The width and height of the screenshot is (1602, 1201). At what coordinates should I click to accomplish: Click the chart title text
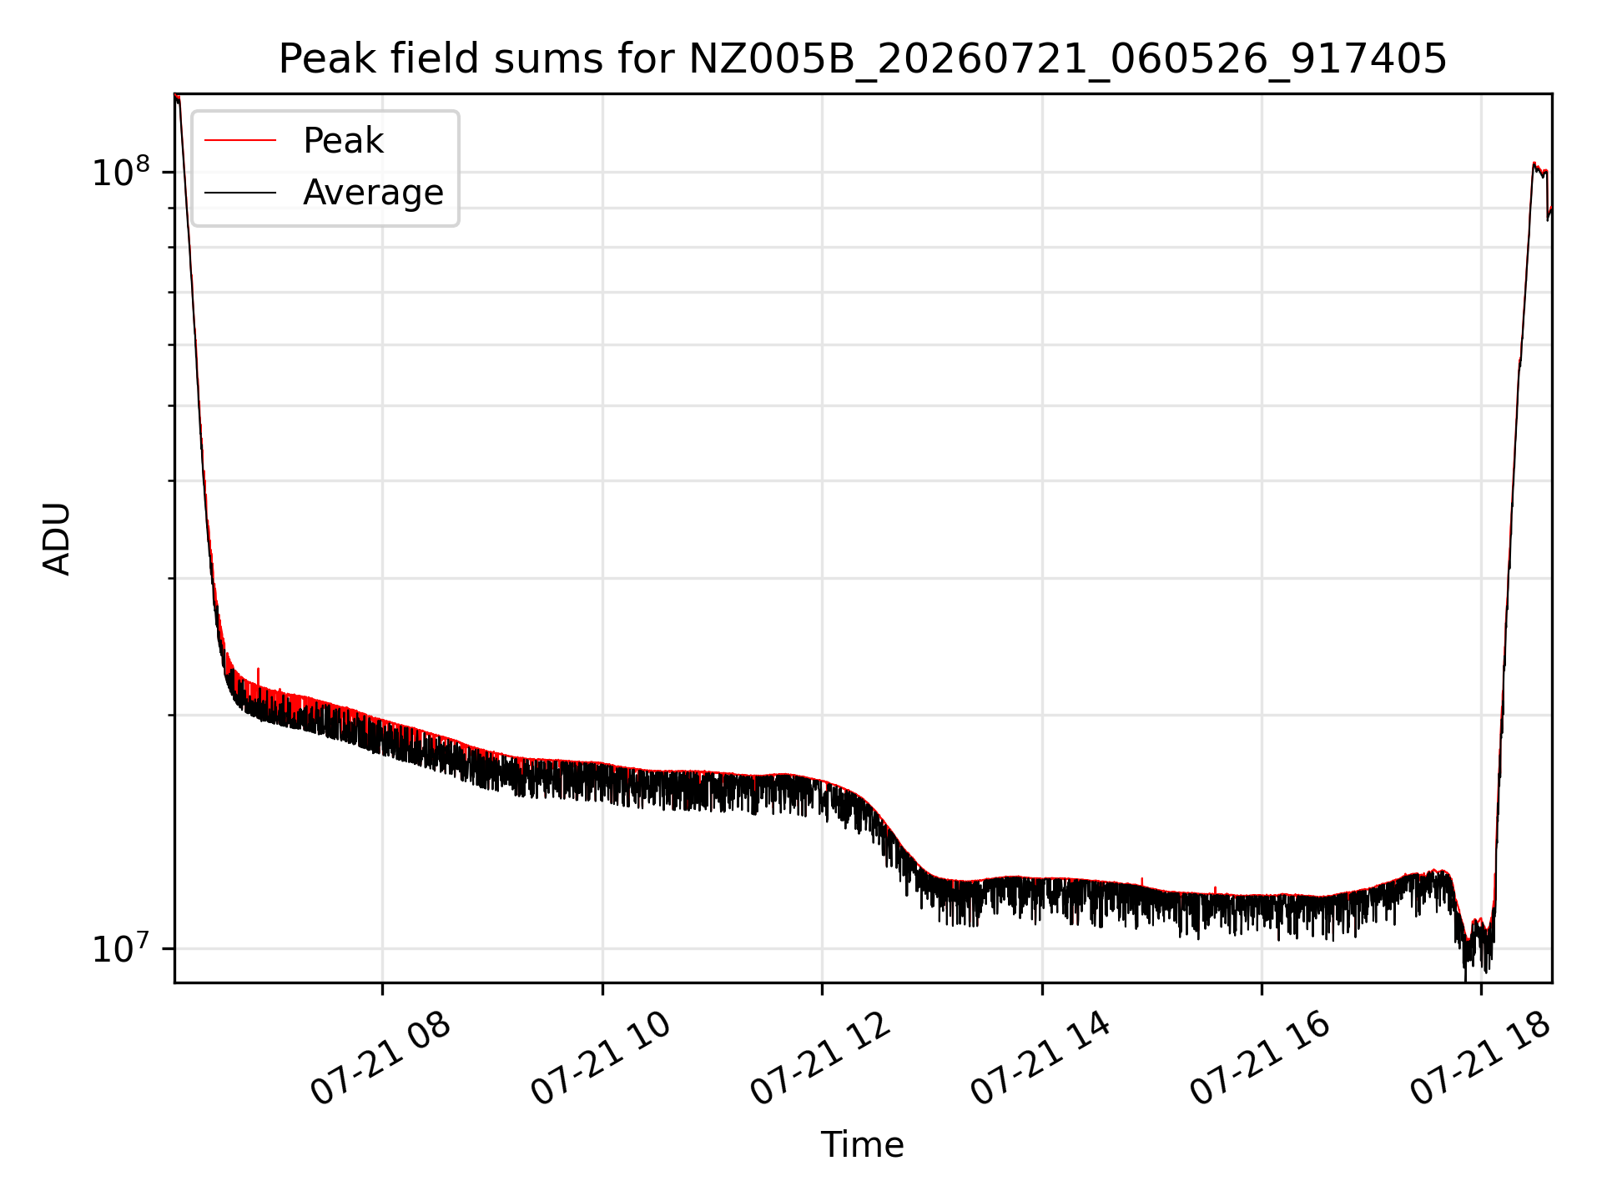coord(863,59)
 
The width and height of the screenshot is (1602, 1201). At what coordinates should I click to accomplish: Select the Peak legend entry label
coord(343,141)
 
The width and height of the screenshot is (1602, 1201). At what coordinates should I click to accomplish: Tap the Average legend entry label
coord(373,193)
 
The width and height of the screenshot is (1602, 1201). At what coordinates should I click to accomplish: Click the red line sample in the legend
coord(240,141)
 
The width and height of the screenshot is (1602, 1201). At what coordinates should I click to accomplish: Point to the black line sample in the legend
coord(240,193)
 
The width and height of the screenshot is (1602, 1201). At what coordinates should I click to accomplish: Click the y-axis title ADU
coord(57,539)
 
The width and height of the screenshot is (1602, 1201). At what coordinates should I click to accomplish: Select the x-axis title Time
coord(863,1145)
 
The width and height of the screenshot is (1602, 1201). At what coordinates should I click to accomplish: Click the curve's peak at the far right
coord(1534,163)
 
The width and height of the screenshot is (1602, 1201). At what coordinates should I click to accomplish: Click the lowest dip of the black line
coord(1465,979)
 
